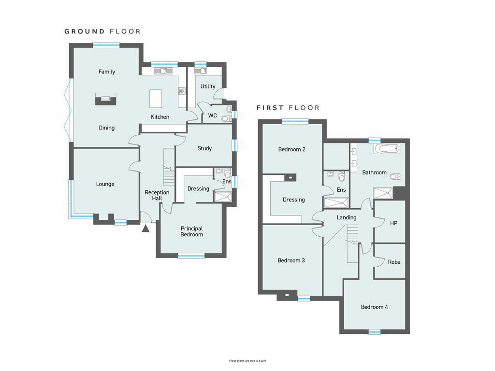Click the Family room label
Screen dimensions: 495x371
[x=107, y=72]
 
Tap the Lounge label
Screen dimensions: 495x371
[x=105, y=184]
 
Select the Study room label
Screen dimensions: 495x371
[x=204, y=148]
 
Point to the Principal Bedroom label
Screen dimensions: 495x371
[x=191, y=231]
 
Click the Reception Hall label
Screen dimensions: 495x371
[x=157, y=195]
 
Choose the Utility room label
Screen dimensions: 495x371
[x=208, y=86]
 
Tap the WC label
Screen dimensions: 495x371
[x=213, y=115]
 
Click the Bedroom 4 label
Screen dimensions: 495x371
[x=375, y=307]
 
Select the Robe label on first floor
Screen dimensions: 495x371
[x=394, y=262]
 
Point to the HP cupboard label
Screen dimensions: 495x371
[x=393, y=223]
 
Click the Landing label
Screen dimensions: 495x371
[x=347, y=218]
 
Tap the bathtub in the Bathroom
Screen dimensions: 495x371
[x=387, y=149]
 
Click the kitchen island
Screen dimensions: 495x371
[x=156, y=99]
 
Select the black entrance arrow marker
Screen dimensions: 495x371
[x=146, y=228]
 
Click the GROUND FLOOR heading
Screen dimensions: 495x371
[x=102, y=31]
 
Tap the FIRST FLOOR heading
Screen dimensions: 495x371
[x=288, y=108]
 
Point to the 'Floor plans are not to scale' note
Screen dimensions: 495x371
[x=247, y=360]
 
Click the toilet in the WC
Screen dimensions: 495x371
[x=226, y=119]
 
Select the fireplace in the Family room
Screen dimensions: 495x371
[x=105, y=99]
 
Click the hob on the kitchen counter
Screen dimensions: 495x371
[x=182, y=91]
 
